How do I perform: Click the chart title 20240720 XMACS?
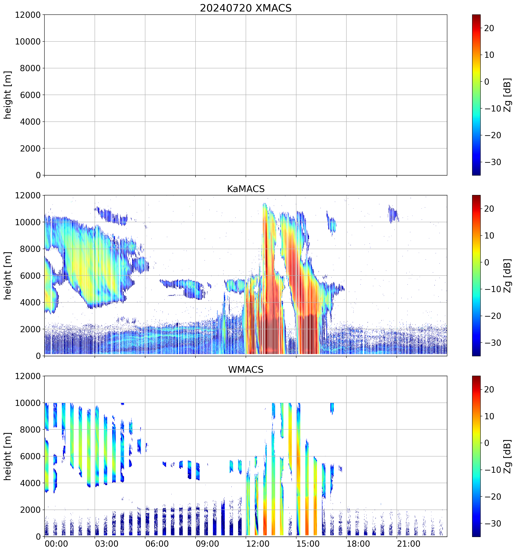(x=246, y=8)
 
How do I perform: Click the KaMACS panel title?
(x=246, y=189)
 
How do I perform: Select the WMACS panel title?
(x=246, y=370)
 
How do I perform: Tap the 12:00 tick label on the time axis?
(x=258, y=543)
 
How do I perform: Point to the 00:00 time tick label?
(x=56, y=543)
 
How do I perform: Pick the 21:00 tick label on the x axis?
(x=408, y=543)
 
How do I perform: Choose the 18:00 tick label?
(x=358, y=543)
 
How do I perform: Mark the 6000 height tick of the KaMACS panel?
(x=30, y=276)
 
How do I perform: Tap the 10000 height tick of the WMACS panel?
(x=28, y=403)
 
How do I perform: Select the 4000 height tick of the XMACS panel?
(x=30, y=122)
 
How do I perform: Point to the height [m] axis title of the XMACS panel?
(x=8, y=95)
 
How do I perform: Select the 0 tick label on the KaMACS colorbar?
(x=487, y=262)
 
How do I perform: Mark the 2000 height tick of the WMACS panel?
(x=30, y=510)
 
